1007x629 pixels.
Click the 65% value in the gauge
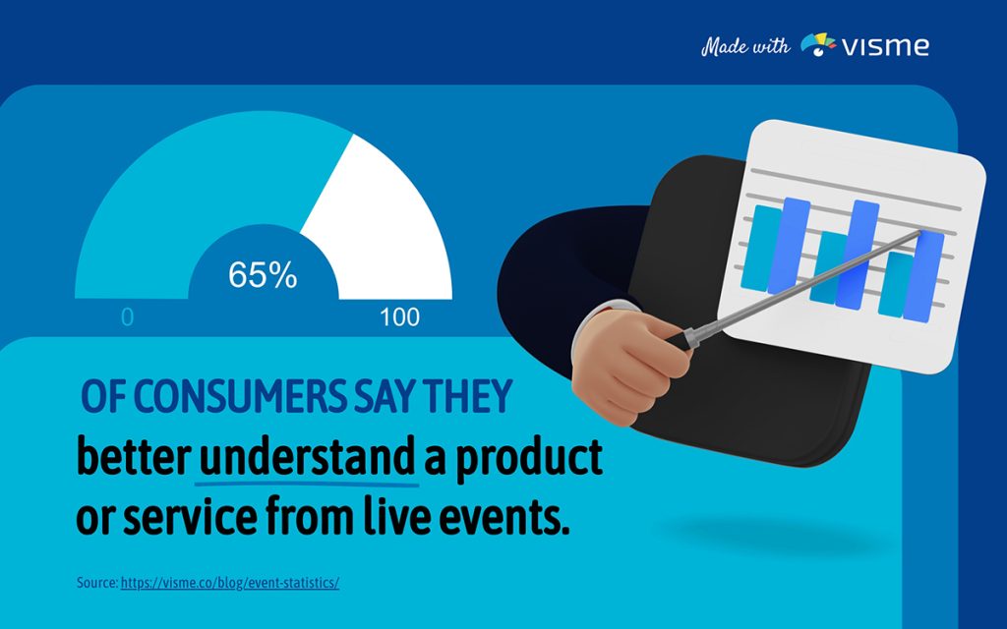263,276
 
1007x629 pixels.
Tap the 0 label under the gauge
127,317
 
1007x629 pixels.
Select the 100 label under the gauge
399,317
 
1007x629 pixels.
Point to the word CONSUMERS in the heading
235,397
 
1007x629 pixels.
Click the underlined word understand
307,458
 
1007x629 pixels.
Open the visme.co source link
230,583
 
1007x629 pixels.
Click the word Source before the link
96,583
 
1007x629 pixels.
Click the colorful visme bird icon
818,44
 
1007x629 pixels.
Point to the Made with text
744,46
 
